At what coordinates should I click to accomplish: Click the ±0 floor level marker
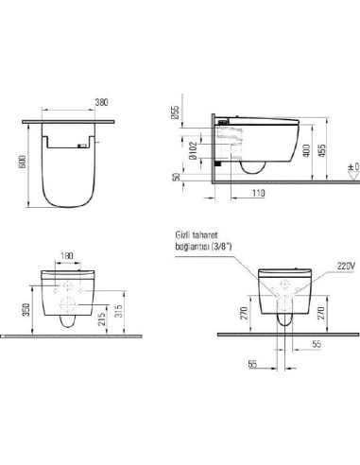pyautogui.click(x=352, y=170)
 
